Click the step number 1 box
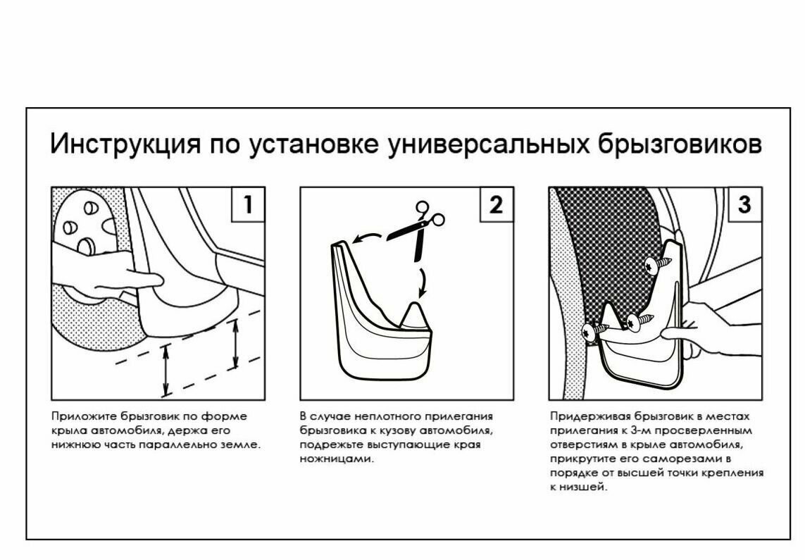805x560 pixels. (248, 204)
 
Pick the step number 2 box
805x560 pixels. (497, 204)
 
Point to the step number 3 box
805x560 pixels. (745, 204)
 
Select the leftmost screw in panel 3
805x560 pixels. (592, 329)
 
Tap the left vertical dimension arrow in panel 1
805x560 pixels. (166, 370)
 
